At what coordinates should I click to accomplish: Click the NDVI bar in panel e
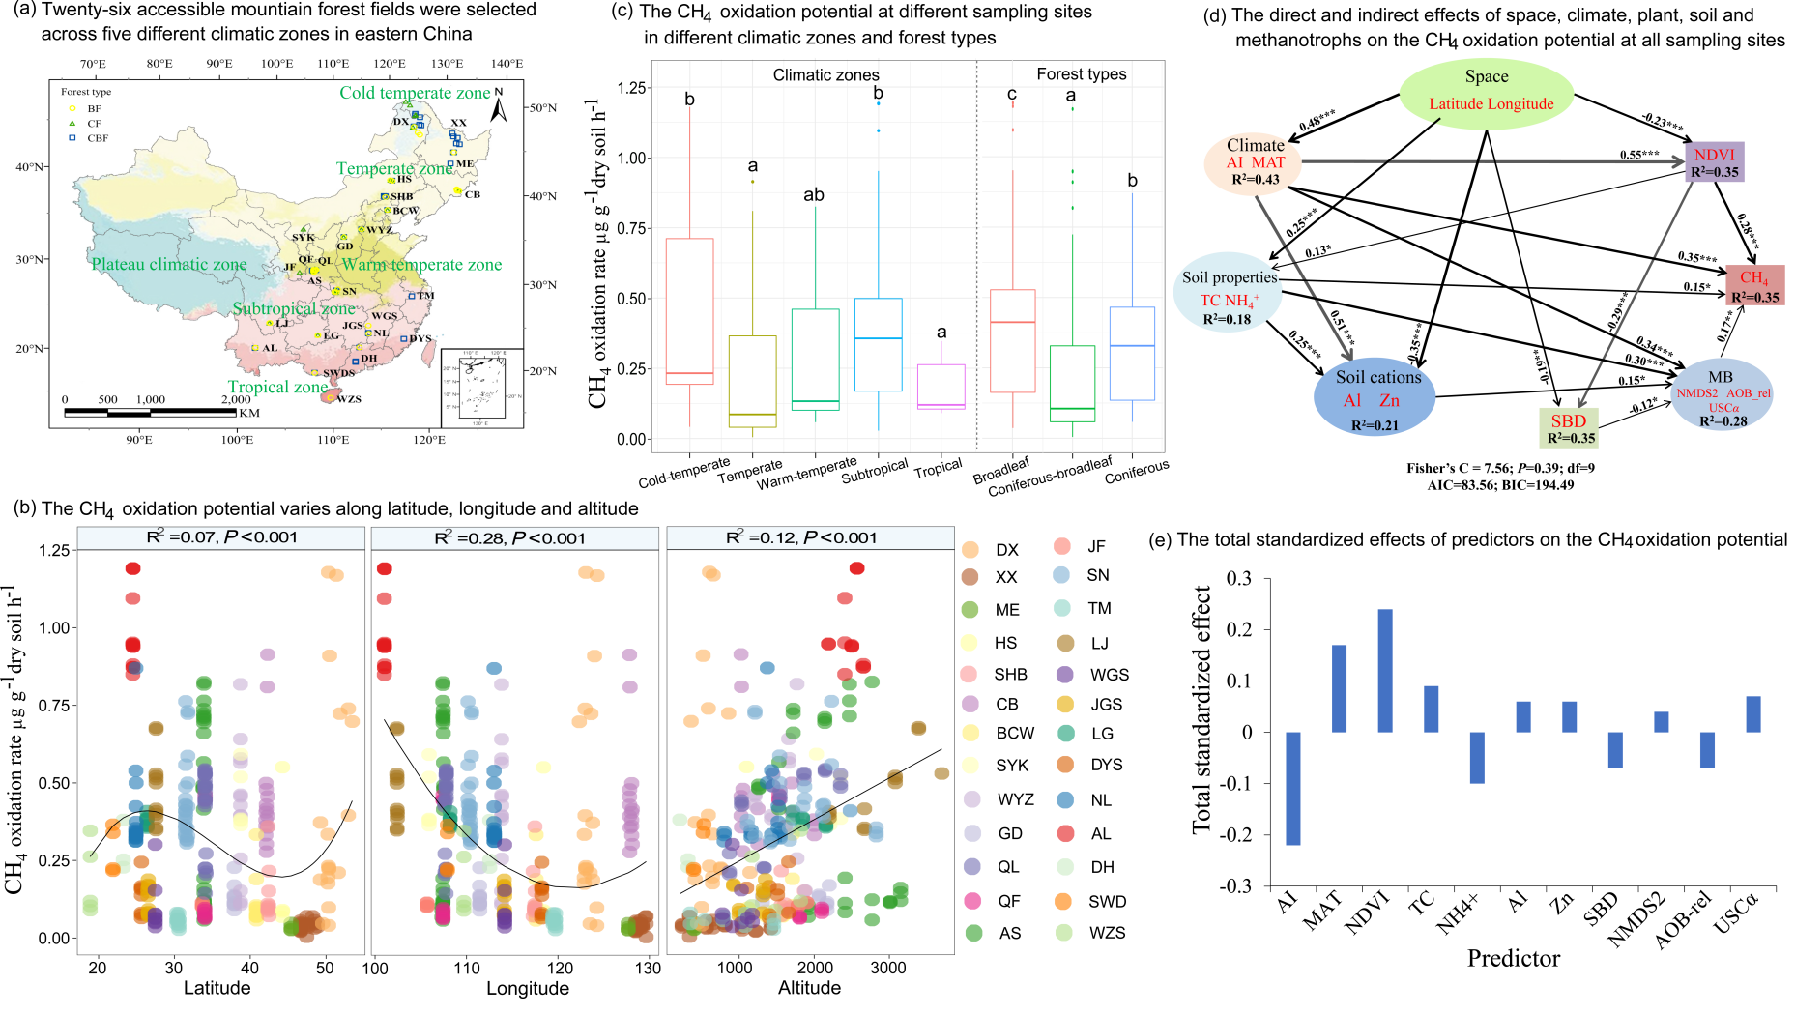pos(1385,671)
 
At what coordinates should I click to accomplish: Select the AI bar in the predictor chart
pos(1292,788)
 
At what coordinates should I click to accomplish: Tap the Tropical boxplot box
pos(941,387)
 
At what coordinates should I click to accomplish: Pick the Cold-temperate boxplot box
pos(689,311)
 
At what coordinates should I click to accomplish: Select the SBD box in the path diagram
pos(1568,427)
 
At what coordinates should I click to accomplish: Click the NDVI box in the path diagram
pos(1714,161)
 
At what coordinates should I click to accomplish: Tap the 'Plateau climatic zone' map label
pos(169,264)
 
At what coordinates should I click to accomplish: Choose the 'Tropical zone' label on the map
pos(277,387)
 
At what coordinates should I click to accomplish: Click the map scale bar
pos(150,413)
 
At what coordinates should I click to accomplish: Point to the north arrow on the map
pos(499,107)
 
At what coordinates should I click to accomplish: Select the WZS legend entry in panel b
pos(1091,933)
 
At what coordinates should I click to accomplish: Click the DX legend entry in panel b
pos(992,550)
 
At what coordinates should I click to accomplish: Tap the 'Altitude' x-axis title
pos(809,988)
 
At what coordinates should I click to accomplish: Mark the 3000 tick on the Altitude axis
pos(887,967)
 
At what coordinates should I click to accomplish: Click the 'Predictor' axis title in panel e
pos(1513,958)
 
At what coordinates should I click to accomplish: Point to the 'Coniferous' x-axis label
pos(1137,471)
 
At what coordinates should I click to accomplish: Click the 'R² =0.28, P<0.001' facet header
pos(514,538)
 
